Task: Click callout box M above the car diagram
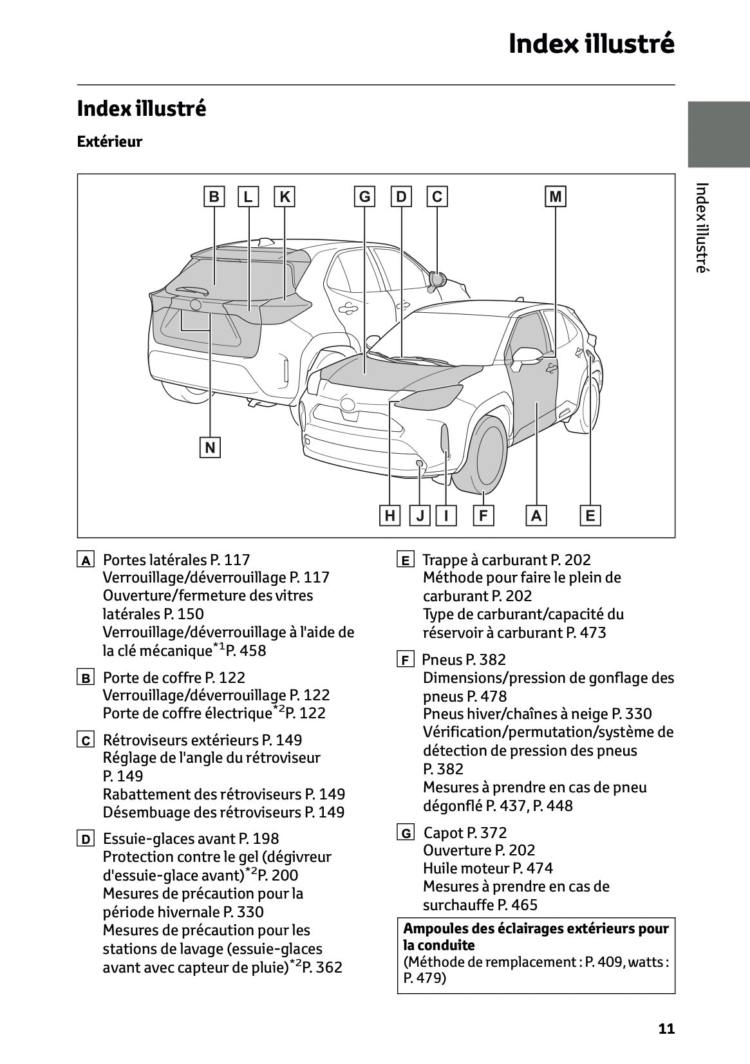click(x=555, y=196)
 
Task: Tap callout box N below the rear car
click(x=210, y=447)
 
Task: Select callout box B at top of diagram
click(x=214, y=196)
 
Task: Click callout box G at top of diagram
click(x=364, y=196)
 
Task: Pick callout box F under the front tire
click(x=483, y=516)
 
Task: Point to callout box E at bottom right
click(x=590, y=516)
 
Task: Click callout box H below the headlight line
click(x=389, y=516)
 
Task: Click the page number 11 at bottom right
click(x=666, y=1029)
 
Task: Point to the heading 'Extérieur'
click(x=109, y=142)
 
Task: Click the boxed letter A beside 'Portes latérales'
click(x=85, y=560)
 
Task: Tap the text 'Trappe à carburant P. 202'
click(x=506, y=560)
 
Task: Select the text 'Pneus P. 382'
click(x=464, y=660)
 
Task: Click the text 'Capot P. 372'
click(x=465, y=833)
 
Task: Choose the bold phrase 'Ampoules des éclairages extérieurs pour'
click(x=536, y=929)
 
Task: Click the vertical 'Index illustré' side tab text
click(x=702, y=228)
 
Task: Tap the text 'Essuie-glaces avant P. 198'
click(x=191, y=839)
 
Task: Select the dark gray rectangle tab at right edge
click(x=718, y=135)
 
